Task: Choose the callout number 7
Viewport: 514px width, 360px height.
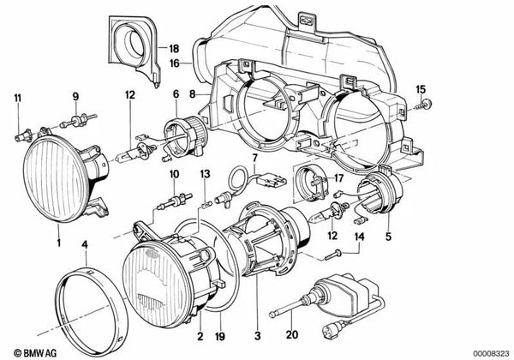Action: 254,159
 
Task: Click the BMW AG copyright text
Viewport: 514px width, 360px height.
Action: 29,350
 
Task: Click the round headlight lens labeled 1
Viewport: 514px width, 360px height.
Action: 61,176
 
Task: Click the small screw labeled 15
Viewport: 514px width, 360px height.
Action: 427,106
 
